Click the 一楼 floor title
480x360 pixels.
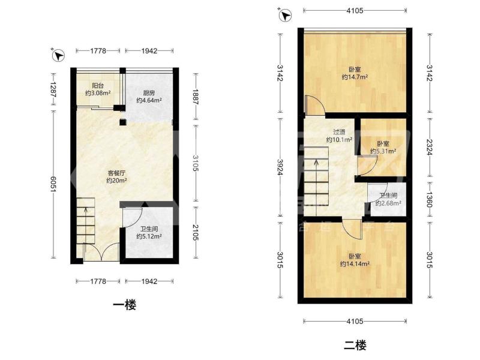click(x=124, y=305)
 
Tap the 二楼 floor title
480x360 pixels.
click(x=355, y=345)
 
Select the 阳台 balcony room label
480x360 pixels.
click(x=98, y=86)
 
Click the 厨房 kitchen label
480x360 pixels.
click(x=149, y=93)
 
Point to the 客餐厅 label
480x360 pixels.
click(x=116, y=173)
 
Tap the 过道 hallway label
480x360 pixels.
click(x=339, y=132)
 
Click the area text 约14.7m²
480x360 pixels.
click(x=355, y=77)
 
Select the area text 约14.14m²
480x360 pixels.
click(x=355, y=263)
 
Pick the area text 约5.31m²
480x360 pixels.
click(x=383, y=151)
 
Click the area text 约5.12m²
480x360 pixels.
click(x=149, y=236)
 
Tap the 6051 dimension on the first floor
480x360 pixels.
click(x=53, y=184)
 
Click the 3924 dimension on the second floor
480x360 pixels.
click(x=280, y=167)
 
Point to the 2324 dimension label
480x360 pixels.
click(x=430, y=147)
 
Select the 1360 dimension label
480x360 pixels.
click(x=430, y=200)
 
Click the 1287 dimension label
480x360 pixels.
click(x=53, y=89)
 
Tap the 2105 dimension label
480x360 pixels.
click(x=196, y=232)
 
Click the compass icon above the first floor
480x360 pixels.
click(x=58, y=55)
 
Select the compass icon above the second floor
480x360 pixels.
click(x=286, y=16)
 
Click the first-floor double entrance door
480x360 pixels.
click(x=101, y=251)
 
